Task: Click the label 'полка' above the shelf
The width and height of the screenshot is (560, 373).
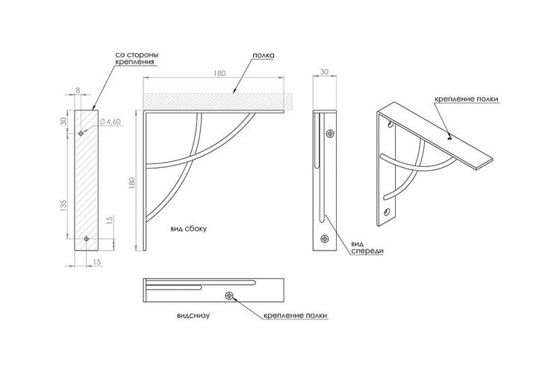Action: click(264, 55)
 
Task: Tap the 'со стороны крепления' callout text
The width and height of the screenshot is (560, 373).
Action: click(137, 58)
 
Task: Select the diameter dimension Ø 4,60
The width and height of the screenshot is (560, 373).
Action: click(108, 122)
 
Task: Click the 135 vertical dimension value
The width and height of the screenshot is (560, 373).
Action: click(64, 207)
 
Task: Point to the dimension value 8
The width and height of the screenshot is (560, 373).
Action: click(78, 91)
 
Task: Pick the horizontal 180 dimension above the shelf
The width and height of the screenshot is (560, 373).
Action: click(220, 73)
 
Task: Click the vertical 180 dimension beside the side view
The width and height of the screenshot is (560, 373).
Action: click(132, 183)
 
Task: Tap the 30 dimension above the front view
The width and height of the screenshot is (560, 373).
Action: click(324, 72)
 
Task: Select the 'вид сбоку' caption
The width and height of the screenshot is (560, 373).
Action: click(189, 229)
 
